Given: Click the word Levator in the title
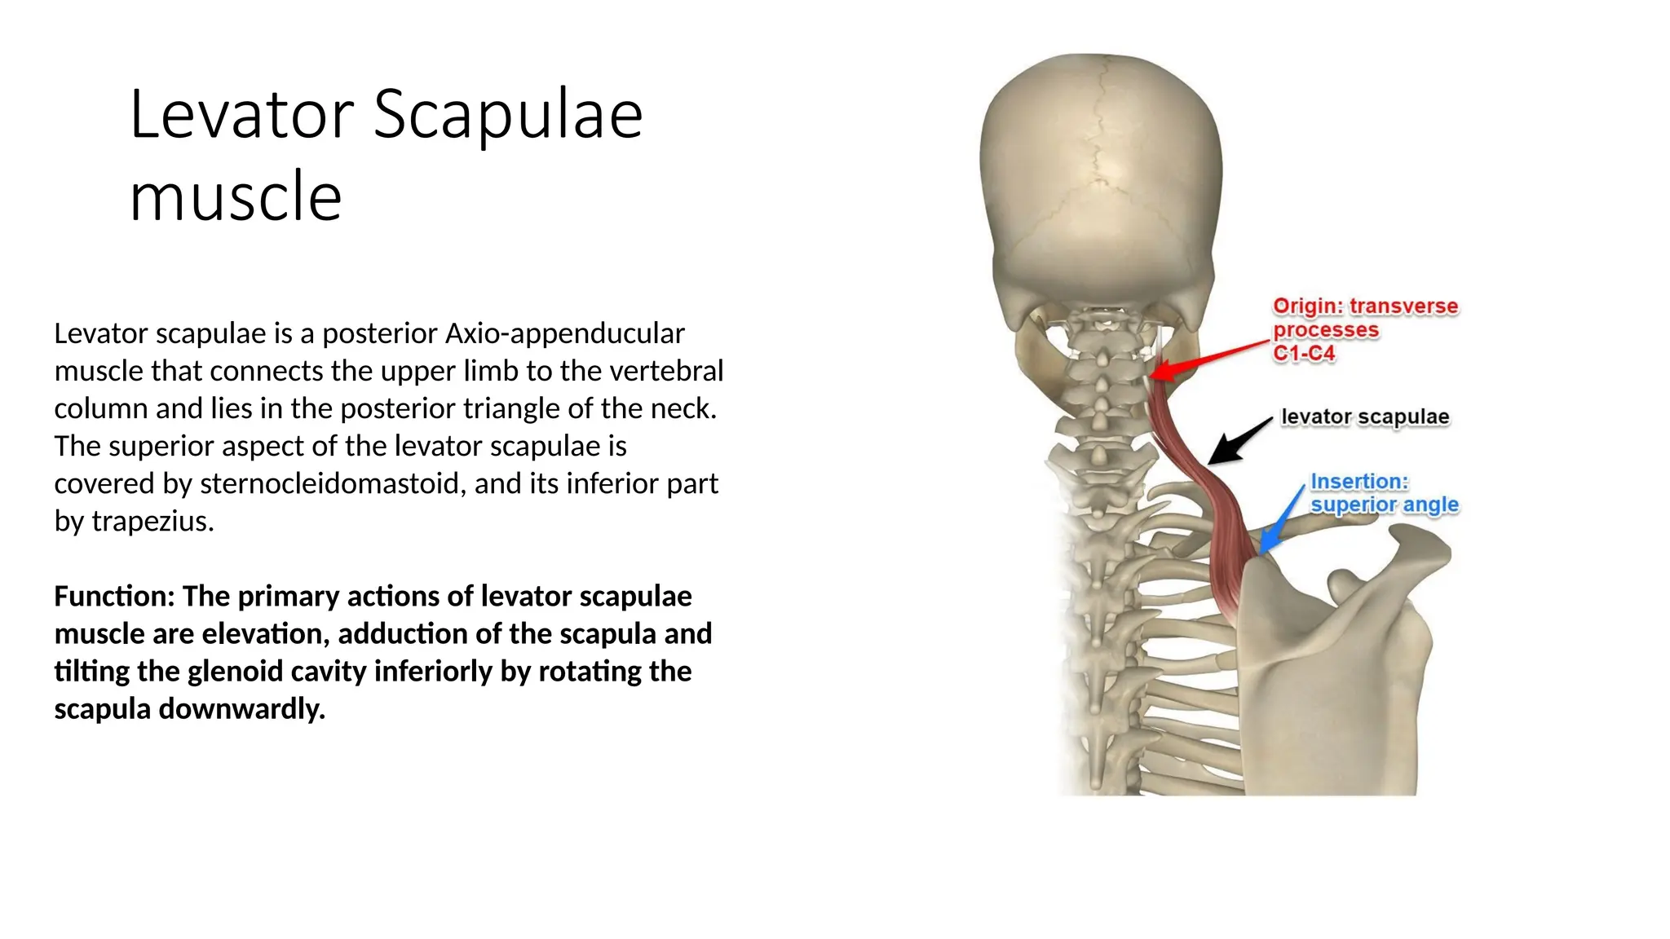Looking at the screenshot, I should point(241,115).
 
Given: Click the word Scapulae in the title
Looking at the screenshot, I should point(508,115).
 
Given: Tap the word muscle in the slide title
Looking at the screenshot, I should point(236,197).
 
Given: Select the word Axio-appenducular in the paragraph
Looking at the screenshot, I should point(564,333).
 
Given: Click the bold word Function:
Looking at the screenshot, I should point(114,597).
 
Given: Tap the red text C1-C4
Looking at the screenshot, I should point(1304,354).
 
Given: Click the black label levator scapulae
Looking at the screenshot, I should point(1365,417).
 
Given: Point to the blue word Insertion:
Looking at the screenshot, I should point(1359,482).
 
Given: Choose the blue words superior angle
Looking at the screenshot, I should point(1384,505).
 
